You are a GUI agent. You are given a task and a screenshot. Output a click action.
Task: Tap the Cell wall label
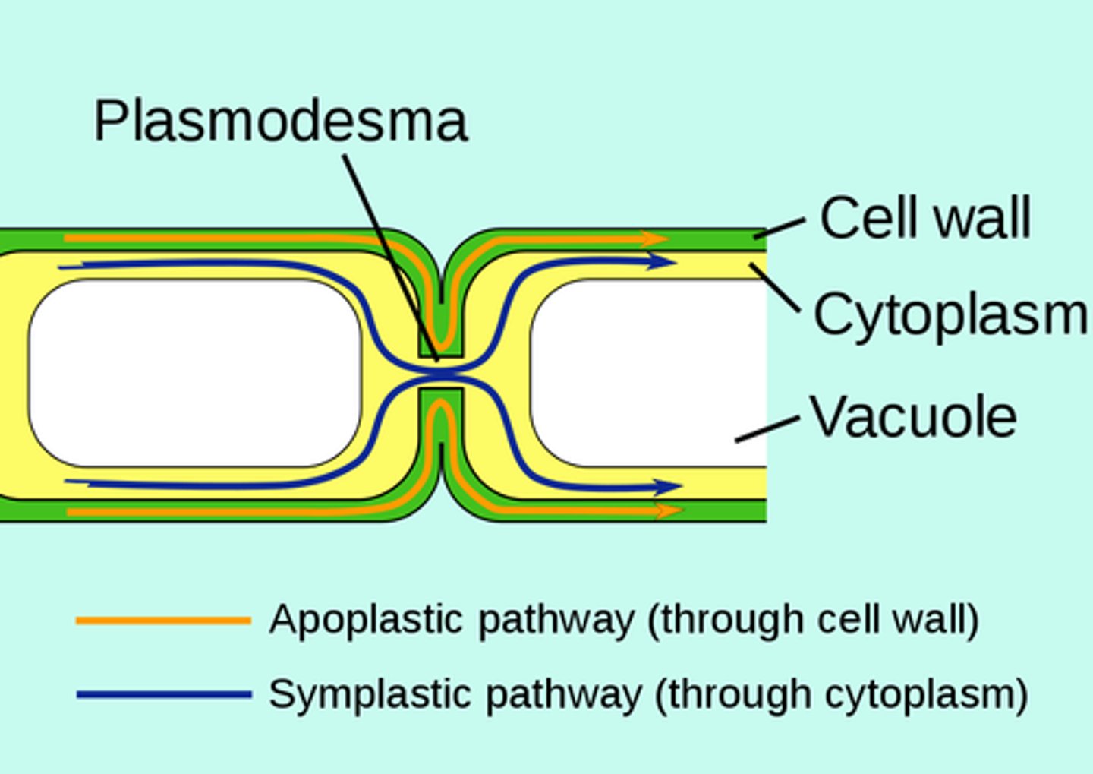click(x=925, y=218)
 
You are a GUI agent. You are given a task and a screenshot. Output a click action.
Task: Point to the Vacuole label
click(x=913, y=416)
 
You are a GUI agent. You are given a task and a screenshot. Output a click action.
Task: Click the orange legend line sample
click(x=163, y=621)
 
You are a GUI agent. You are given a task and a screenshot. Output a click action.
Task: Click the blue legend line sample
click(x=163, y=694)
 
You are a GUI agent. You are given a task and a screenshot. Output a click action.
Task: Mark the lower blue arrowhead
click(x=669, y=486)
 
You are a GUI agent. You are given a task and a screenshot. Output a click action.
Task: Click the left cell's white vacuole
click(x=194, y=372)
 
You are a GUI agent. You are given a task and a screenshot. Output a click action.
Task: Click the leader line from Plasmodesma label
click(x=391, y=254)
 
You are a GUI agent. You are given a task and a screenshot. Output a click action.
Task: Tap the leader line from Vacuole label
click(x=767, y=429)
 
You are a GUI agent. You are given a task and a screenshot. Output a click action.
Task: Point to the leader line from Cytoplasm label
click(x=776, y=288)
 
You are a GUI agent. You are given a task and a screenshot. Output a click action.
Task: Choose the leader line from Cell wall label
click(x=780, y=228)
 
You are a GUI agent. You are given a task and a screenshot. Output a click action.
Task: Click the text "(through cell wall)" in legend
click(x=813, y=619)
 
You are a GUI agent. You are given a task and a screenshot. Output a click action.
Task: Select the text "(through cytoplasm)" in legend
click(x=841, y=693)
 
